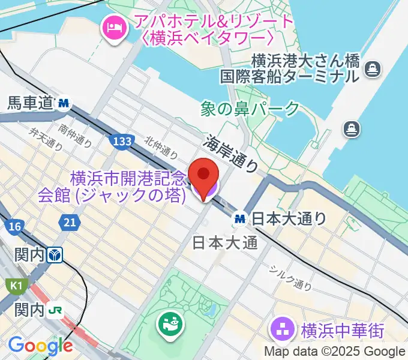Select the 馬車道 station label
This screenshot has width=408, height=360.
pos(31,103)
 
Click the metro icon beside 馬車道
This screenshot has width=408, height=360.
pos(63,104)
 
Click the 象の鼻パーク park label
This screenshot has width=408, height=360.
pos(250,109)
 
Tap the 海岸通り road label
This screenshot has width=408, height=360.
pos(231,153)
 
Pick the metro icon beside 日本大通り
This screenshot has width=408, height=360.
pos(241,219)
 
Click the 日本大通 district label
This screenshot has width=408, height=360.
pos(224,242)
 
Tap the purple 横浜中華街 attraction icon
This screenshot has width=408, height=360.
pos(282,329)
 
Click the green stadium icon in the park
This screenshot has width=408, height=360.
pos(168,325)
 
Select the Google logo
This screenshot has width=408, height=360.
pos(40,346)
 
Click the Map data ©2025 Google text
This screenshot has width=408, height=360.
pos(335,352)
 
